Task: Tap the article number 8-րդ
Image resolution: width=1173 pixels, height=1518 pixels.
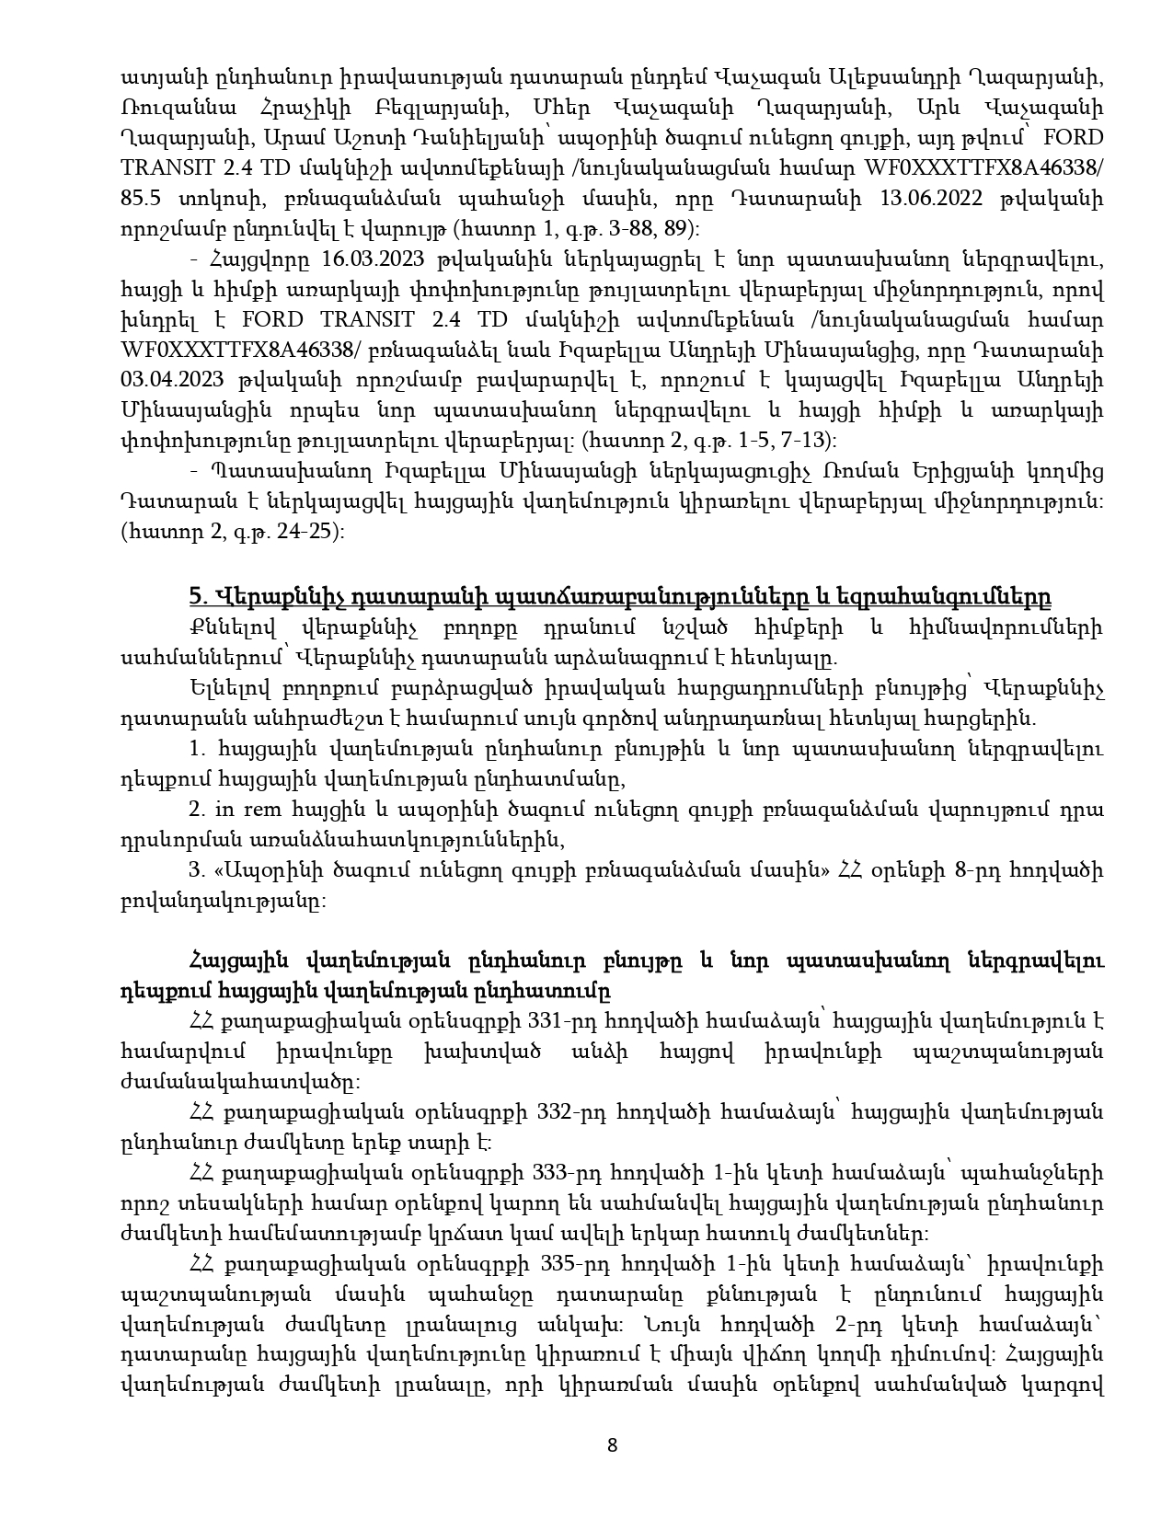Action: point(982,870)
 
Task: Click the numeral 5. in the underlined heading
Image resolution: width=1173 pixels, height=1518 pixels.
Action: point(197,596)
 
